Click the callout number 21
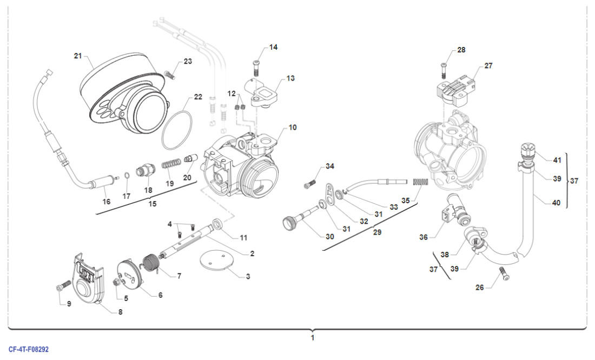77,56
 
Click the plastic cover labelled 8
89,276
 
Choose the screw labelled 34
310,184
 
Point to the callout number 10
292,128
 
